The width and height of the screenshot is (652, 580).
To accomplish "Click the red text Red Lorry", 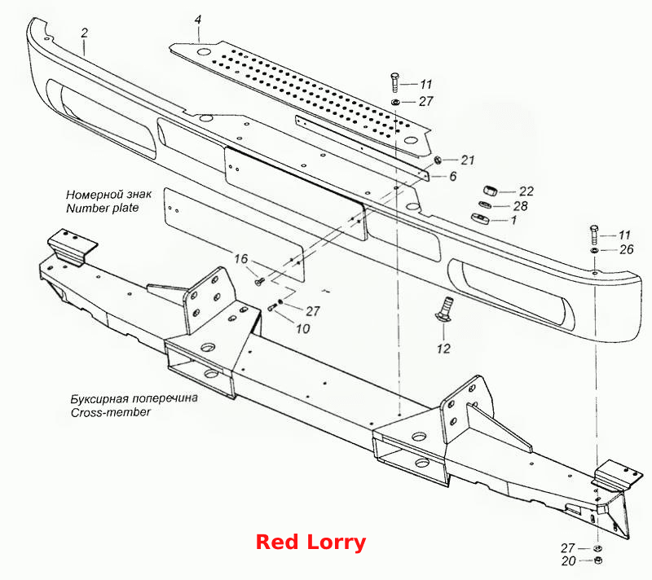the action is (311, 543).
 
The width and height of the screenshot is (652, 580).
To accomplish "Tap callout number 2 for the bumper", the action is (85, 33).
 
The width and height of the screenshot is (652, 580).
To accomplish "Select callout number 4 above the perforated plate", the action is (198, 20).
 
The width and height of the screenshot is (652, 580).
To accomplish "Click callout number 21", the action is (468, 160).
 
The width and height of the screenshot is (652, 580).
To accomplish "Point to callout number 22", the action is (526, 191).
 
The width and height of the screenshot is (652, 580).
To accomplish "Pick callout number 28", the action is (521, 206).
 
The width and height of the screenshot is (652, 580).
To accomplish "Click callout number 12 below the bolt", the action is (443, 348).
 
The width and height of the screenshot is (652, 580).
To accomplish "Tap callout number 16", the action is (240, 259).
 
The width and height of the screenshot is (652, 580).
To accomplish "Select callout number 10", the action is (303, 328).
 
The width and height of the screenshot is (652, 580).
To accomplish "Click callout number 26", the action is (626, 249).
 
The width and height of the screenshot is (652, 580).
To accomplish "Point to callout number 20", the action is (568, 561).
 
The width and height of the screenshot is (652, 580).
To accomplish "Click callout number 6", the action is (453, 176).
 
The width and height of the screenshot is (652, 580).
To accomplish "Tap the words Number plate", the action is (103, 208).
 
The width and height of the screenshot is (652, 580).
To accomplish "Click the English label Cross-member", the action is (111, 412).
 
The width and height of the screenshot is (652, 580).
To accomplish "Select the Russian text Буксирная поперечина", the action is (134, 399).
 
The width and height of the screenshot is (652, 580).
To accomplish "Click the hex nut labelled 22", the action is (491, 191).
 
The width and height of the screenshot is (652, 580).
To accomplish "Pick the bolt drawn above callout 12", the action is (443, 309).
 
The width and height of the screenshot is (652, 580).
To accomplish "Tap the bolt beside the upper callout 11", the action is (394, 82).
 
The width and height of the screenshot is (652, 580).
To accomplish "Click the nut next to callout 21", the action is (437, 160).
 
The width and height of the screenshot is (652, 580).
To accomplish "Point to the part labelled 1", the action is (480, 217).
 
